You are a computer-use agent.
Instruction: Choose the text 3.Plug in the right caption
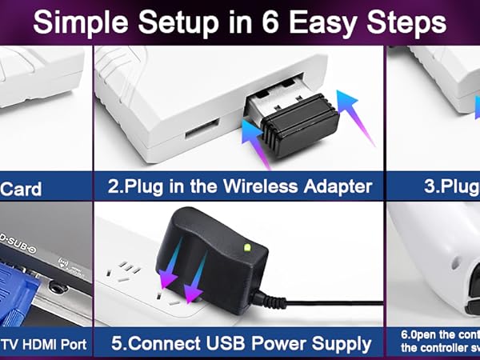point(444,187)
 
